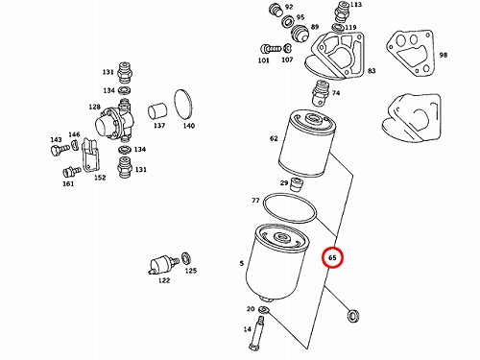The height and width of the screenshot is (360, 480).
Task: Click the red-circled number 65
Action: (x=332, y=257)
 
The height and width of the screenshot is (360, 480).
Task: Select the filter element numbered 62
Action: (x=307, y=143)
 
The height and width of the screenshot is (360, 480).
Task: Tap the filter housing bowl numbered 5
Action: (x=276, y=262)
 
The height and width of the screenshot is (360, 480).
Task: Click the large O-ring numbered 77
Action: (x=290, y=208)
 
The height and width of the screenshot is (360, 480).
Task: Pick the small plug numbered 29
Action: (x=297, y=184)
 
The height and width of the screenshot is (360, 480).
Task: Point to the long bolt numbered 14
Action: (x=257, y=333)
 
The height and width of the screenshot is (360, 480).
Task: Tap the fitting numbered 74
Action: (x=321, y=93)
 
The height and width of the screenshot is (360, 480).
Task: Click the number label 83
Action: (x=372, y=71)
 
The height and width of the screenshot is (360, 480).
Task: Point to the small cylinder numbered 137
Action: (x=157, y=111)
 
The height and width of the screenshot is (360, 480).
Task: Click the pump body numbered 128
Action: (x=114, y=121)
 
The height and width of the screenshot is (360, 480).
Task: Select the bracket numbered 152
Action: (x=91, y=155)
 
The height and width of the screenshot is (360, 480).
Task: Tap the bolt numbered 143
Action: (x=60, y=150)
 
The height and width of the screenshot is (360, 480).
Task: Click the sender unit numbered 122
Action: (x=164, y=265)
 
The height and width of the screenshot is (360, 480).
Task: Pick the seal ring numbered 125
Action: (x=185, y=258)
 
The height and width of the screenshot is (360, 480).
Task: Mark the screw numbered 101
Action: (x=271, y=49)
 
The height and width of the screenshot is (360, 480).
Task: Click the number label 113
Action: (x=355, y=5)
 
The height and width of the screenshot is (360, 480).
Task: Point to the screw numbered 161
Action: (x=72, y=172)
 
